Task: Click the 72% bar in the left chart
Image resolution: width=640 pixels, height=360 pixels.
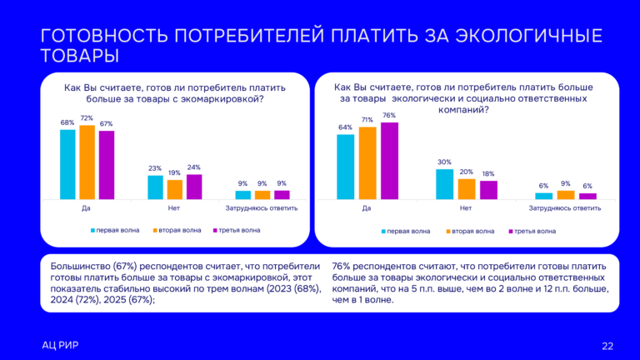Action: (x=87, y=162)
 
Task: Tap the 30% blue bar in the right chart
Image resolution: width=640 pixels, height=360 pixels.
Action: (x=444, y=184)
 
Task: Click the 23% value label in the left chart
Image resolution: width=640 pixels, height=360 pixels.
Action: (x=155, y=169)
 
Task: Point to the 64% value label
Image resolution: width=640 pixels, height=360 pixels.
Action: (x=345, y=127)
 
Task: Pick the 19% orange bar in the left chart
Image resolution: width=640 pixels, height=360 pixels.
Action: (x=174, y=189)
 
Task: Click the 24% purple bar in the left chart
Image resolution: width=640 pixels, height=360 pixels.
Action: (x=193, y=187)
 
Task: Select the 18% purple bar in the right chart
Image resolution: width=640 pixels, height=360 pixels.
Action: (x=488, y=190)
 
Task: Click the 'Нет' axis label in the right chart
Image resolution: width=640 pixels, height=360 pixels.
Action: (x=466, y=207)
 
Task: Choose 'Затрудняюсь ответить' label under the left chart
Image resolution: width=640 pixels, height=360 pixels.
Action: (x=262, y=207)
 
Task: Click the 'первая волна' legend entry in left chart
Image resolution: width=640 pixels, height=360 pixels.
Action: (x=114, y=229)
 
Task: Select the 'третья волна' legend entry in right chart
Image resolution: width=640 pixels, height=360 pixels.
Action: (x=534, y=231)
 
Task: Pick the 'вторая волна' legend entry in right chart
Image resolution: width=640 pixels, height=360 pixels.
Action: (x=470, y=231)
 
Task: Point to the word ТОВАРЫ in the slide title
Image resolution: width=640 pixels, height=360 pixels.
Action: (x=79, y=56)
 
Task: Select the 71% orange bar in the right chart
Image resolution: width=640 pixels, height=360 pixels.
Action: (x=367, y=163)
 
